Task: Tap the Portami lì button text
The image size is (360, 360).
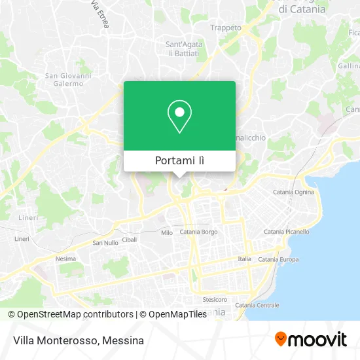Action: coord(179,161)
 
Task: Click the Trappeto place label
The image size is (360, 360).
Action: coord(225,27)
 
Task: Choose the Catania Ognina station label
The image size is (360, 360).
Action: coord(293,192)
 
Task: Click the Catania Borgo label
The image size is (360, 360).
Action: coord(198,232)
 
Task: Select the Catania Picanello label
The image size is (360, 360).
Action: coord(285,232)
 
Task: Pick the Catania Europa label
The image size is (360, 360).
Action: coord(278,260)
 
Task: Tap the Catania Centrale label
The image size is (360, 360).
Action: coord(257,305)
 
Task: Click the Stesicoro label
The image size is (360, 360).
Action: coord(214,299)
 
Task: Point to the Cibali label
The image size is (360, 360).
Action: coord(130,240)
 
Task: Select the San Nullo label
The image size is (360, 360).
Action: coord(105,243)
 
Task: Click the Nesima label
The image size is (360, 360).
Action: coord(66,259)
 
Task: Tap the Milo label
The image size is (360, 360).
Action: coord(166,232)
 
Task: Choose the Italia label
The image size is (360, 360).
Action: coord(244,259)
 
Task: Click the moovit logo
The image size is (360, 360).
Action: coord(311,339)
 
